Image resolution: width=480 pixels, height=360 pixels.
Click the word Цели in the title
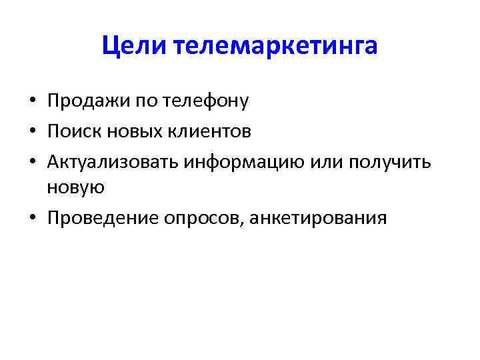point(135,45)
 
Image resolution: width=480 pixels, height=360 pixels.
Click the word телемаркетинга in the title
point(275,45)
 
